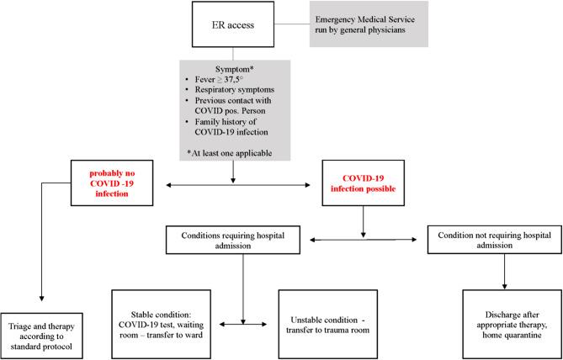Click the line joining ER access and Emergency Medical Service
click(x=293, y=23)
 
